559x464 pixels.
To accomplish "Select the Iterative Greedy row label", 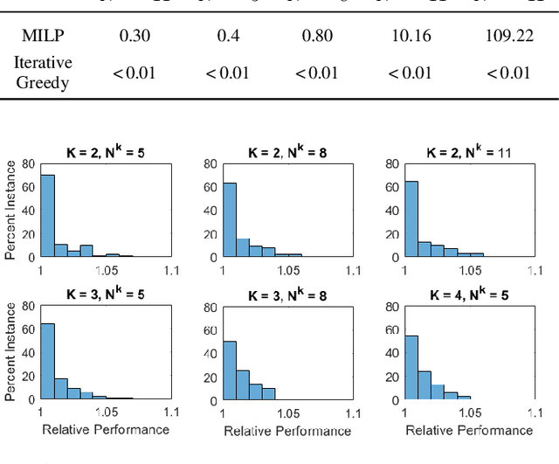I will pyautogui.click(x=43, y=72).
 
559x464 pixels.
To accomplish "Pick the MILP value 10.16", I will pyautogui.click(x=409, y=36).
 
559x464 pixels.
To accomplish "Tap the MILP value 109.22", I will pyautogui.click(x=508, y=36).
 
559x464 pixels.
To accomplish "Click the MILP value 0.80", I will pyautogui.click(x=316, y=36).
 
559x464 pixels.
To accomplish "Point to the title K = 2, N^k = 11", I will pyautogui.click(x=468, y=152).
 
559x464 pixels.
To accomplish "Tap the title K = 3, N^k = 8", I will pyautogui.click(x=286, y=295).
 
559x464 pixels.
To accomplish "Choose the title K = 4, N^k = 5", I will pyautogui.click(x=468, y=295).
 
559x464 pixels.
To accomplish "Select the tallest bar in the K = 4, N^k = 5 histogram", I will pyautogui.click(x=411, y=368).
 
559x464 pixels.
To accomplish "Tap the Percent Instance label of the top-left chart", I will pyautogui.click(x=10, y=208).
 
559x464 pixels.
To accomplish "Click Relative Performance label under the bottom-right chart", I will pyautogui.click(x=469, y=430).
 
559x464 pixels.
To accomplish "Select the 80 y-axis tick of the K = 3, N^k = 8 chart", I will pyautogui.click(x=210, y=307).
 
